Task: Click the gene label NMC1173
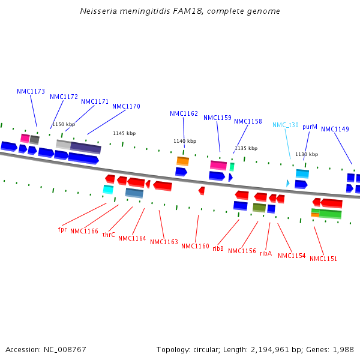pyautogui.click(x=31, y=92)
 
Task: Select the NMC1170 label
pyautogui.click(x=126, y=107)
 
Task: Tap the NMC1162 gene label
pyautogui.click(x=184, y=114)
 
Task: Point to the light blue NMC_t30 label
pyautogui.click(x=285, y=125)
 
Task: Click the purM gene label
pyautogui.click(x=310, y=127)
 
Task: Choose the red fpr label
pyautogui.click(x=62, y=229)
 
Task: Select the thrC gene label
pyautogui.click(x=109, y=235)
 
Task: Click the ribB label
pyautogui.click(x=218, y=248)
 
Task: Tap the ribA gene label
pyautogui.click(x=266, y=253)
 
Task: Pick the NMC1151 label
pyautogui.click(x=324, y=259)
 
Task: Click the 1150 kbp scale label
pyautogui.click(x=63, y=125)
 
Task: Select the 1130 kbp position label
pyautogui.click(x=307, y=155)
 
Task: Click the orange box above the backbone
pyautogui.click(x=182, y=161)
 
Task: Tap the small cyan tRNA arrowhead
pyautogui.click(x=288, y=183)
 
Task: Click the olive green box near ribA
pyautogui.click(x=259, y=208)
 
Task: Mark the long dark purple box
pyautogui.click(x=86, y=148)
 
